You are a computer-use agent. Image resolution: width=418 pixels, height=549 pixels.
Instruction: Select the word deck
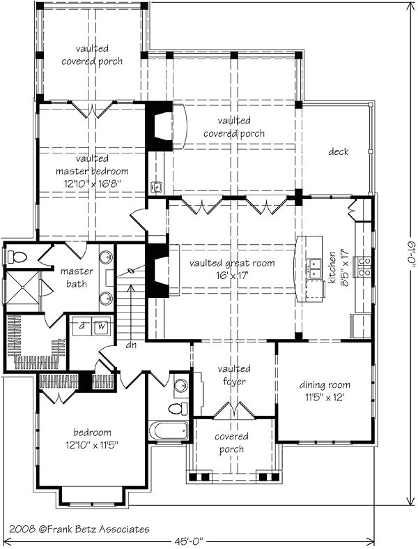339,151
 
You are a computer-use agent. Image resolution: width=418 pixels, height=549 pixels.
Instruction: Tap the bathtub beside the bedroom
169,430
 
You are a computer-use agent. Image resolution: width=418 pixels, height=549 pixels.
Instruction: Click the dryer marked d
82,326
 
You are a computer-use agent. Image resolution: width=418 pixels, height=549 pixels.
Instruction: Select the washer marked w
101,326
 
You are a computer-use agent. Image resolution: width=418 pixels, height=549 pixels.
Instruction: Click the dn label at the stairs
131,345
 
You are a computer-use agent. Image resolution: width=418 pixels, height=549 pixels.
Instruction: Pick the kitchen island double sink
314,268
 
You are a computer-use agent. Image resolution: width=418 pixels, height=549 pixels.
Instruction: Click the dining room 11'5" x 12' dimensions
325,398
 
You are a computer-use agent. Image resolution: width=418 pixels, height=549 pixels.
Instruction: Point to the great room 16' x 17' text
232,276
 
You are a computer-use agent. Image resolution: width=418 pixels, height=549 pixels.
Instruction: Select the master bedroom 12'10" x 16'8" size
93,183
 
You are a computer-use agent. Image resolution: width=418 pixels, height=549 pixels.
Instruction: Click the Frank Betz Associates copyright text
79,529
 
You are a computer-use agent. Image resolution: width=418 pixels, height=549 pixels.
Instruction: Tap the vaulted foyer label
234,375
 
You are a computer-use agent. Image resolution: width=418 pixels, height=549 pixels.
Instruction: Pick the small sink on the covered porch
156,187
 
